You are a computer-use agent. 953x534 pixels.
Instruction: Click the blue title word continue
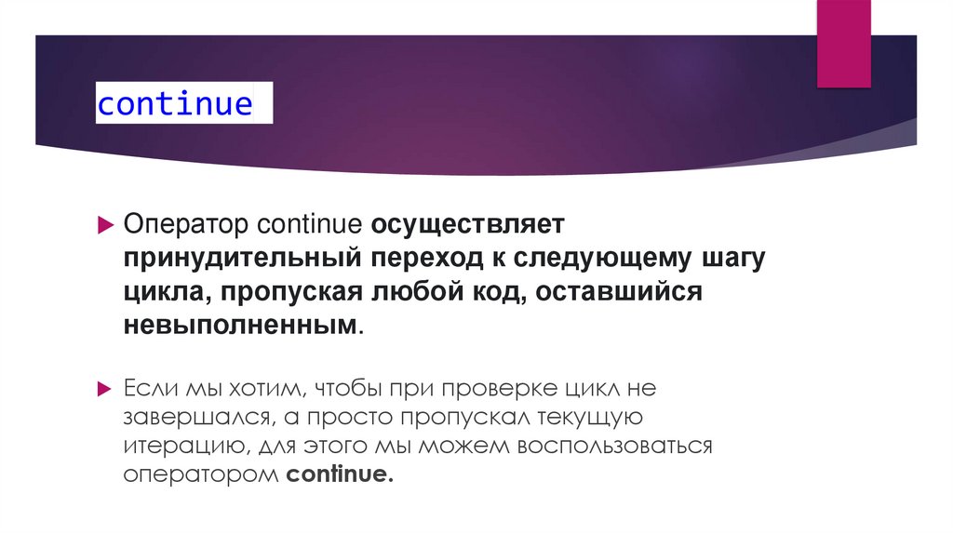[x=175, y=103]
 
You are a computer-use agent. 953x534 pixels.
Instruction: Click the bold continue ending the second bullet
[x=341, y=474]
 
